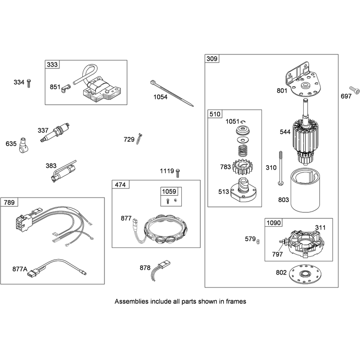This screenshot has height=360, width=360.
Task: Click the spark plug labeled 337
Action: coord(54,133)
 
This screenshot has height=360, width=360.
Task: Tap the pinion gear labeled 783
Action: coord(242,166)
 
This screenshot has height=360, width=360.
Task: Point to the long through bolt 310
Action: coord(280,168)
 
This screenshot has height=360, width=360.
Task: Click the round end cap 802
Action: coord(305,274)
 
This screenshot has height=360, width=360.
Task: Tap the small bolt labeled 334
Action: coord(29,83)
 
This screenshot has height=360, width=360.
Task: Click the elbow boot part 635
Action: coord(23,145)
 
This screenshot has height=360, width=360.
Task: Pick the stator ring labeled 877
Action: coord(166,229)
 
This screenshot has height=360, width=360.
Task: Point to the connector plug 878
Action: coord(161,270)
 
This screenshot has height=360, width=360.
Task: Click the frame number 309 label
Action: coord(211,59)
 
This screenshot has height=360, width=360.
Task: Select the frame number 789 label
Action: coord(9,202)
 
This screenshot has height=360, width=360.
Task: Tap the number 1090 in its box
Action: coord(274,223)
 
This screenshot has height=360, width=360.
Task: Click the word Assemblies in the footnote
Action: coord(131,301)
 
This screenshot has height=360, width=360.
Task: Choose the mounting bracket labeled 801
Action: coord(302,80)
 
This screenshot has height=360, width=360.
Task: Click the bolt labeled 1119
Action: coord(178,173)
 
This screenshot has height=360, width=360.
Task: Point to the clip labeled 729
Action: coord(139,139)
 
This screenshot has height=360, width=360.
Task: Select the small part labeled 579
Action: coord(258,242)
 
